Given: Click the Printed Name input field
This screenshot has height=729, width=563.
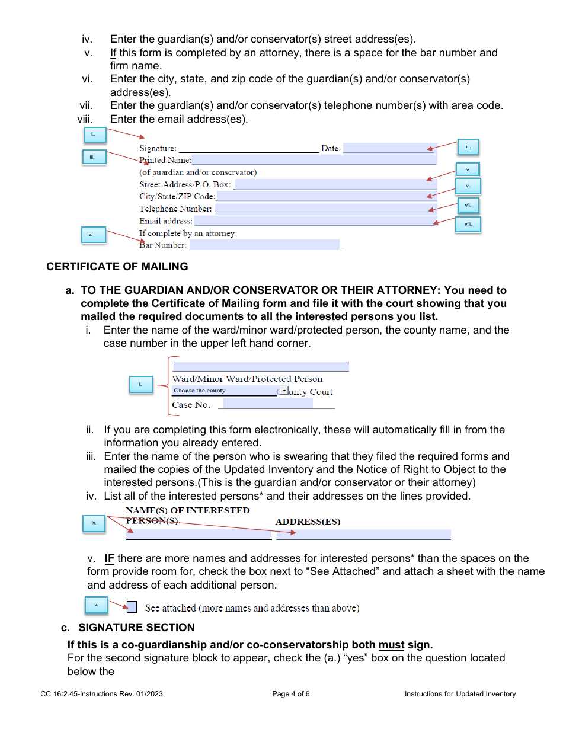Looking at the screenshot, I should coord(314,160).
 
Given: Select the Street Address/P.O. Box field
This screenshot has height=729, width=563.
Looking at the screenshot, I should coord(335,184).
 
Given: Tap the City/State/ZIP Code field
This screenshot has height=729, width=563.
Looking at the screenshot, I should coord(326,196).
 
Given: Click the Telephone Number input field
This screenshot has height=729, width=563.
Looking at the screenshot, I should coord(325,209).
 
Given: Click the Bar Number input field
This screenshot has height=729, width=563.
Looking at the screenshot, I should coord(264,245).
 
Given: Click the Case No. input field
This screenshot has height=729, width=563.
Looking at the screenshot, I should coord(268,404).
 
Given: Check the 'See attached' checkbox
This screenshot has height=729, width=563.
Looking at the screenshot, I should coord(132,607).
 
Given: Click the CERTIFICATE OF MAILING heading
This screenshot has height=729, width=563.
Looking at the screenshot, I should coord(117,267).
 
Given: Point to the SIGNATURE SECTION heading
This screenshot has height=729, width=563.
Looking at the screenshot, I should coord(136,628).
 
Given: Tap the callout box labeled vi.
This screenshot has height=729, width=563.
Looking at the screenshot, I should coord(468,186).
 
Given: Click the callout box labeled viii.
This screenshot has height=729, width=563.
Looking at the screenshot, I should coord(468,225).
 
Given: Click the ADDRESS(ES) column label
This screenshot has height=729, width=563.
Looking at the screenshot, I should coord(308,522).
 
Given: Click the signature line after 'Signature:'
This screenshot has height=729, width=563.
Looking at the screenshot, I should coord(248,149).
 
